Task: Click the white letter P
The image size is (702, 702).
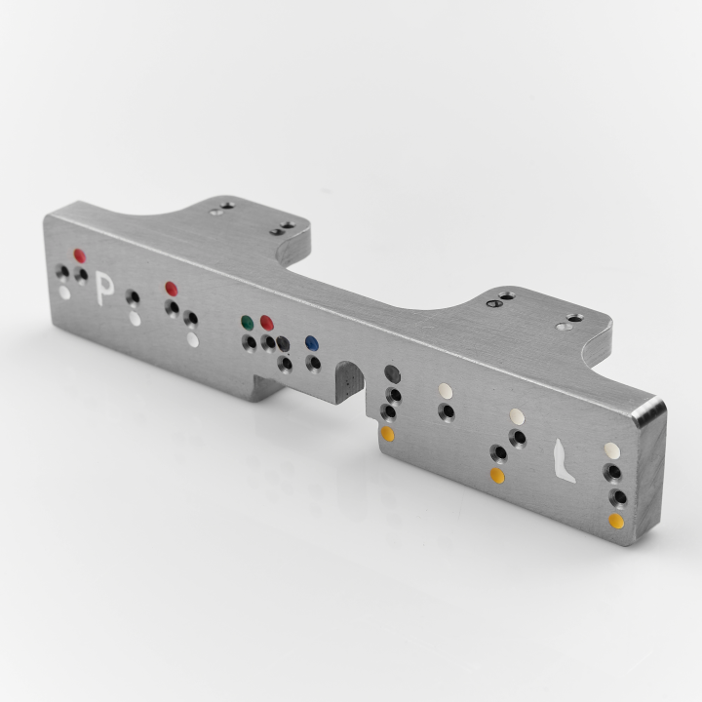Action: (x=104, y=292)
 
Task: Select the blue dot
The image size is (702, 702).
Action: (x=311, y=343)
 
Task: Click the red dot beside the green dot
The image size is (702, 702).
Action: (x=267, y=323)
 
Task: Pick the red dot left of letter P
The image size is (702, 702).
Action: (x=79, y=256)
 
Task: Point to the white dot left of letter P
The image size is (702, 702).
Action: (x=64, y=292)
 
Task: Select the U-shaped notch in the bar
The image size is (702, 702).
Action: (x=347, y=379)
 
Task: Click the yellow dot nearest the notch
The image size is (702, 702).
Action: (x=387, y=434)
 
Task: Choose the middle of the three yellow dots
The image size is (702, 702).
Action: (x=496, y=475)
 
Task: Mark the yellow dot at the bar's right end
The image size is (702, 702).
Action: (x=616, y=521)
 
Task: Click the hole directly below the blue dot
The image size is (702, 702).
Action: (x=313, y=364)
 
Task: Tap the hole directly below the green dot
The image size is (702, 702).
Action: (x=250, y=342)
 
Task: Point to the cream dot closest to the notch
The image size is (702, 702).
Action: (x=446, y=390)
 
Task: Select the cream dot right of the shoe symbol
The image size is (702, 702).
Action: (x=611, y=449)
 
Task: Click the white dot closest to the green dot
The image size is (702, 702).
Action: (x=193, y=340)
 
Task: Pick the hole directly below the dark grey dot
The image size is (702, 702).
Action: (x=394, y=396)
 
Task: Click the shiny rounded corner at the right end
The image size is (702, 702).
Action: (x=648, y=410)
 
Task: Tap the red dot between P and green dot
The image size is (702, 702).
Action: (x=171, y=288)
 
